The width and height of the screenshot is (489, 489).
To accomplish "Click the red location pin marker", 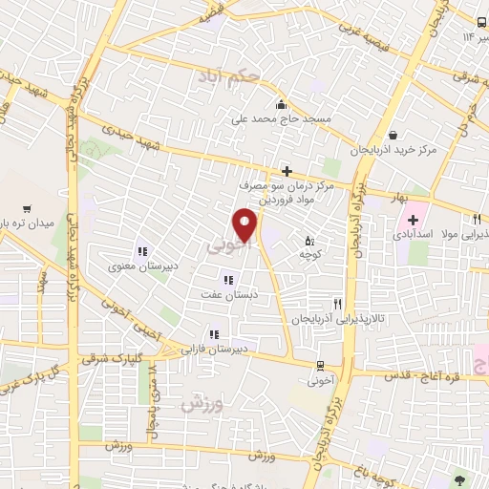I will (246, 225).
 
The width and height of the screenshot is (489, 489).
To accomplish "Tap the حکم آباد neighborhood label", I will (224, 74).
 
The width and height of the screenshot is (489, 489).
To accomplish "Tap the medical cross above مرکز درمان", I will (286, 171).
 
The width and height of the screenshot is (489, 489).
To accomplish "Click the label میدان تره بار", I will (29, 223).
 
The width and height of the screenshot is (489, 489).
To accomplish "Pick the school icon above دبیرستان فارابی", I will (215, 334).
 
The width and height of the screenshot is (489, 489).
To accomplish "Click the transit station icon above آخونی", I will (319, 364).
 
